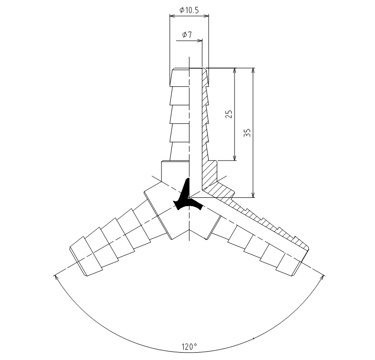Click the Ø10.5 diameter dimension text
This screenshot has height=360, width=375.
(189, 10)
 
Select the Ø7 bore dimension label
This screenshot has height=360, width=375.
(187, 35)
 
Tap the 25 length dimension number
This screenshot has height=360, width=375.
(229, 114)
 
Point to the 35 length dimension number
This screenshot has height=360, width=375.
(247, 133)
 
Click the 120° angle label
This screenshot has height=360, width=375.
(189, 346)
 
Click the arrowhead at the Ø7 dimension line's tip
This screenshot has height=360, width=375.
(200, 41)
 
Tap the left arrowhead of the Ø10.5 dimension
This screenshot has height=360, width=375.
(172, 16)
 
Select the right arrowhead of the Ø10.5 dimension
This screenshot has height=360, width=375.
(206, 16)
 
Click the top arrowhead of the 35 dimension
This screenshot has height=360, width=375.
(253, 71)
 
